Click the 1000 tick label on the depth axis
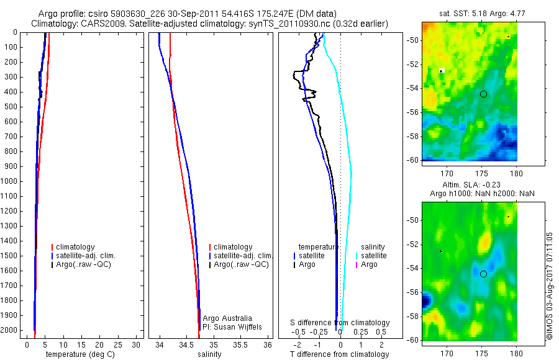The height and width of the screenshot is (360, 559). coord(10,181)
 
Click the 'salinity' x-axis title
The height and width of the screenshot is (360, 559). coord(209,354)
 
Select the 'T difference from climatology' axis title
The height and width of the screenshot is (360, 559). coord(340,354)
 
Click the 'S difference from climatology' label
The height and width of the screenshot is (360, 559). coord(340,323)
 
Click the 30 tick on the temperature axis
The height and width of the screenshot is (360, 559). coord(136,344)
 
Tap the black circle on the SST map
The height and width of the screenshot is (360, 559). coord(483,94)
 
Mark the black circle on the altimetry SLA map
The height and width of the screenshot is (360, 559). coord(483,274)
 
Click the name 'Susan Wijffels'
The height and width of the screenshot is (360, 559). coord(240,326)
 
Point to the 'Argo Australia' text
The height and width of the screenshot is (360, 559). coord(227,318)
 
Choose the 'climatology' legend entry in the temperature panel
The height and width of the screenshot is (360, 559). coord(75,247)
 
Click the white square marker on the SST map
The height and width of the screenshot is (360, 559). coord(442,71)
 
